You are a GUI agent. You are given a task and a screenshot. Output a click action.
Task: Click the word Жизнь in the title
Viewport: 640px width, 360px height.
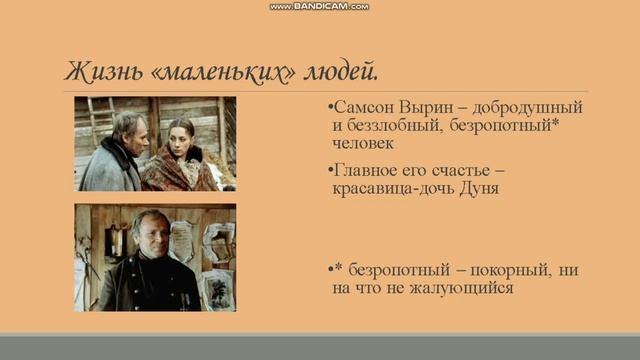98,73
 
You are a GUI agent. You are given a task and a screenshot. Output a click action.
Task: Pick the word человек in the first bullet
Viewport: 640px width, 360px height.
367,144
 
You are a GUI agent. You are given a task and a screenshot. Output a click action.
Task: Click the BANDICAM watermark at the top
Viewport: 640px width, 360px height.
319,6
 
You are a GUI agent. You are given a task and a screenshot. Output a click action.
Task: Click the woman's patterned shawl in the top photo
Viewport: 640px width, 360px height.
180,170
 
